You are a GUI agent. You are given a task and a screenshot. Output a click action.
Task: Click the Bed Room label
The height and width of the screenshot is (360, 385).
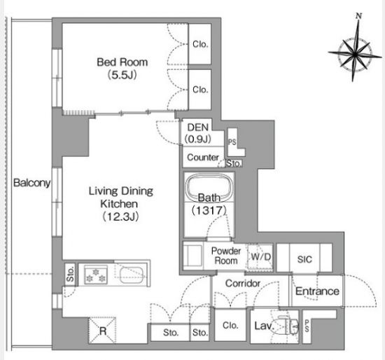(122, 62)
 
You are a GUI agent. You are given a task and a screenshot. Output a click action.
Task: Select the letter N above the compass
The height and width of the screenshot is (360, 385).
(359, 16)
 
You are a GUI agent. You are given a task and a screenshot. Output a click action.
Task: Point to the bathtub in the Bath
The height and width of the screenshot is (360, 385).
(209, 188)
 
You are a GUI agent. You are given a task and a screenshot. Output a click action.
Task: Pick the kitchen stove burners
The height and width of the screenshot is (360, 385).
(95, 275)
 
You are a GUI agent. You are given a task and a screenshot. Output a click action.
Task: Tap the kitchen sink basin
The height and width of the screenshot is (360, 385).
(132, 275)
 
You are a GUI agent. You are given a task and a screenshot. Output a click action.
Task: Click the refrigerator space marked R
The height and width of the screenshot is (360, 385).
(102, 331)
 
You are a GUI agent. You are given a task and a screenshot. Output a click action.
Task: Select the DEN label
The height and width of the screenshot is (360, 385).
(198, 127)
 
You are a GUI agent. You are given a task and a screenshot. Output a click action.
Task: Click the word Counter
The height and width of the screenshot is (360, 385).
(203, 158)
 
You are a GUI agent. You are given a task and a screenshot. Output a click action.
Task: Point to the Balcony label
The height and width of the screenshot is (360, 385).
(32, 183)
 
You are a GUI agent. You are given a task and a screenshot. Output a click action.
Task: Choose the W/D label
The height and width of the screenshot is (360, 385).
(261, 257)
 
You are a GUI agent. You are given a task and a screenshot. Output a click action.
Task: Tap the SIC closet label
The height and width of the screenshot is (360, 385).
(304, 259)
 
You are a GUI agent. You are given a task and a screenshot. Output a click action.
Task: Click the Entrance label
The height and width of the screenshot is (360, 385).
(317, 291)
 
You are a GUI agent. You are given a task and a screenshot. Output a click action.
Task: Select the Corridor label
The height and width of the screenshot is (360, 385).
(243, 284)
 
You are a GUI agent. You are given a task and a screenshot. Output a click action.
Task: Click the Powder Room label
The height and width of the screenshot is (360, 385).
(226, 256)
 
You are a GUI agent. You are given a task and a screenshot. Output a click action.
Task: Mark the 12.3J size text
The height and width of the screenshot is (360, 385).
(120, 216)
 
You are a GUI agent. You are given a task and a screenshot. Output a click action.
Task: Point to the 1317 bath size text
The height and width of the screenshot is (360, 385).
(209, 210)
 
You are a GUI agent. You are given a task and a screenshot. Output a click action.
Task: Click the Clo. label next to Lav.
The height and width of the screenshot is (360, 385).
(230, 326)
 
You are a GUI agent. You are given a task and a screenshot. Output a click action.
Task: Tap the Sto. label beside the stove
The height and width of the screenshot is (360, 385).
(71, 274)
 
